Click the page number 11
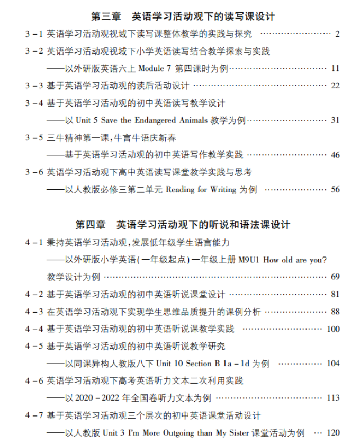click(x=335, y=68)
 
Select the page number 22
click(x=335, y=86)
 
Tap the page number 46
click(x=335, y=155)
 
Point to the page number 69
click(x=335, y=277)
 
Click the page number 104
click(x=333, y=364)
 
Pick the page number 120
click(x=333, y=433)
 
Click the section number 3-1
click(x=34, y=34)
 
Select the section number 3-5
click(x=34, y=138)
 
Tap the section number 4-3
click(x=34, y=312)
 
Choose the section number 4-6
click(x=34, y=381)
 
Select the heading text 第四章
click(x=91, y=225)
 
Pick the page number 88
click(x=335, y=312)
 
